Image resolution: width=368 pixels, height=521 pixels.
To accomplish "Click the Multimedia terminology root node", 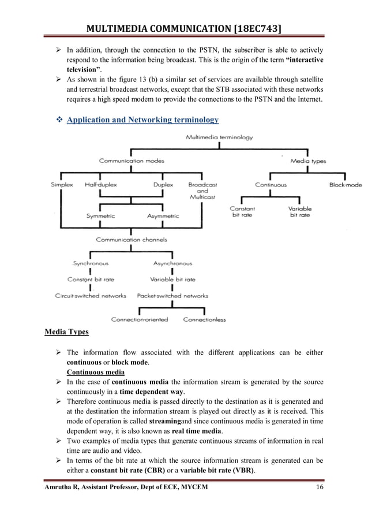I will pos(219,137).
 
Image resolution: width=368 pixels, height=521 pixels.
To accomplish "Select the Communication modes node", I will pos(132,161).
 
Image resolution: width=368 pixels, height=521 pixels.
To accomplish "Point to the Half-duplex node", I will pos(100,185).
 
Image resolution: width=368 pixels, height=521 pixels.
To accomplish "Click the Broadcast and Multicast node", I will pos(202,191).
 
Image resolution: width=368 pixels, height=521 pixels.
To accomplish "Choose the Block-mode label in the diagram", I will pos(346,185).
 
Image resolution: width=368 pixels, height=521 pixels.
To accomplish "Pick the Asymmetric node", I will pos(163,216).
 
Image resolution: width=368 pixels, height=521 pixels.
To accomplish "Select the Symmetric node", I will pos(100,216).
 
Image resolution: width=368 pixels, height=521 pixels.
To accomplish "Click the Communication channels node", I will pos(131,240).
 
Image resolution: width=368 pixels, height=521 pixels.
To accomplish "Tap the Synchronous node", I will pos(90,263).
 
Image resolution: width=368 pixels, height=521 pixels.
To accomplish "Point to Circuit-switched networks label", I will pos(91,296).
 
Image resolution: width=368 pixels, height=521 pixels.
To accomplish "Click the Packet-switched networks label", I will pos(172,296).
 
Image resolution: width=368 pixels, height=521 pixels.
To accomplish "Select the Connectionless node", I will pos(205,319).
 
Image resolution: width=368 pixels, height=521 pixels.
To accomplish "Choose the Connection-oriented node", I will pos(140,319).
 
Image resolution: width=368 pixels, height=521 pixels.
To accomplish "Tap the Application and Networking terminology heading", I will pos(143,120).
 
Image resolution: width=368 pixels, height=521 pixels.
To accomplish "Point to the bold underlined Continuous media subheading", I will pos(93,372).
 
